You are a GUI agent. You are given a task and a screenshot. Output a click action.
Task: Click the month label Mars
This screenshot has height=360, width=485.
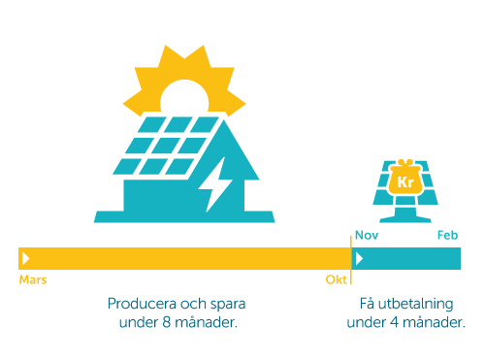pyautogui.click(x=33, y=279)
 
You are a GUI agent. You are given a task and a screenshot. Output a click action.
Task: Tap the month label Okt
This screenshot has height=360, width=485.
pyautogui.click(x=336, y=279)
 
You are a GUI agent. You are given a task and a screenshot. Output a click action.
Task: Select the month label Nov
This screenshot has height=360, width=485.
pyautogui.click(x=367, y=235)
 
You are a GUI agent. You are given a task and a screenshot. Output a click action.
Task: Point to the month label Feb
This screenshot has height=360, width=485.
pyautogui.click(x=447, y=235)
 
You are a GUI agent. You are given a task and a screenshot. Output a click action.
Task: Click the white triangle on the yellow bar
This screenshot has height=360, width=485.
pyautogui.click(x=25, y=258)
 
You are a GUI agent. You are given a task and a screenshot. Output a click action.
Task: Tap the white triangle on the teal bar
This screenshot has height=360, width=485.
pyautogui.click(x=359, y=258)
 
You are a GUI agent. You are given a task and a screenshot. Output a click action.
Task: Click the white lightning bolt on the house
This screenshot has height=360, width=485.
pyautogui.click(x=216, y=184)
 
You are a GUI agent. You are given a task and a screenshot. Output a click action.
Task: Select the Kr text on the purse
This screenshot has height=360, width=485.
pyautogui.click(x=405, y=182)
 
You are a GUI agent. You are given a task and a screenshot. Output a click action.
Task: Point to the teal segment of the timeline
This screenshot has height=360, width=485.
pyautogui.click(x=406, y=258)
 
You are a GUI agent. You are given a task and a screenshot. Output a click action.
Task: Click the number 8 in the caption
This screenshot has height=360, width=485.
pyautogui.click(x=167, y=322)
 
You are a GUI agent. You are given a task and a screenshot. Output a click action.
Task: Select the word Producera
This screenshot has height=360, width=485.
pyautogui.click(x=142, y=304)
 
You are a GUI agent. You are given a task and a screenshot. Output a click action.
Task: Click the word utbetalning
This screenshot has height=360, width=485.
pyautogui.click(x=415, y=305)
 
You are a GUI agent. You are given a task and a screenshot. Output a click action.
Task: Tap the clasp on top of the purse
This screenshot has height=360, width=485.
pyautogui.click(x=405, y=162)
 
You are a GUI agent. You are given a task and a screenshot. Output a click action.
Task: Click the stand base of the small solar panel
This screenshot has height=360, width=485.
pyautogui.click(x=405, y=220)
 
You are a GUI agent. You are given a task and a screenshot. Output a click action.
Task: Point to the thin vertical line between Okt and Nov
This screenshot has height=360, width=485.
pyautogui.click(x=351, y=260)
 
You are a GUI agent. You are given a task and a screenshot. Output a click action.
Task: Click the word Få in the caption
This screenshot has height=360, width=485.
pyautogui.click(x=367, y=303)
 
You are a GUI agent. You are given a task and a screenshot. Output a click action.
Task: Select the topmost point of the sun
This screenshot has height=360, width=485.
pyautogui.click(x=204, y=46)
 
